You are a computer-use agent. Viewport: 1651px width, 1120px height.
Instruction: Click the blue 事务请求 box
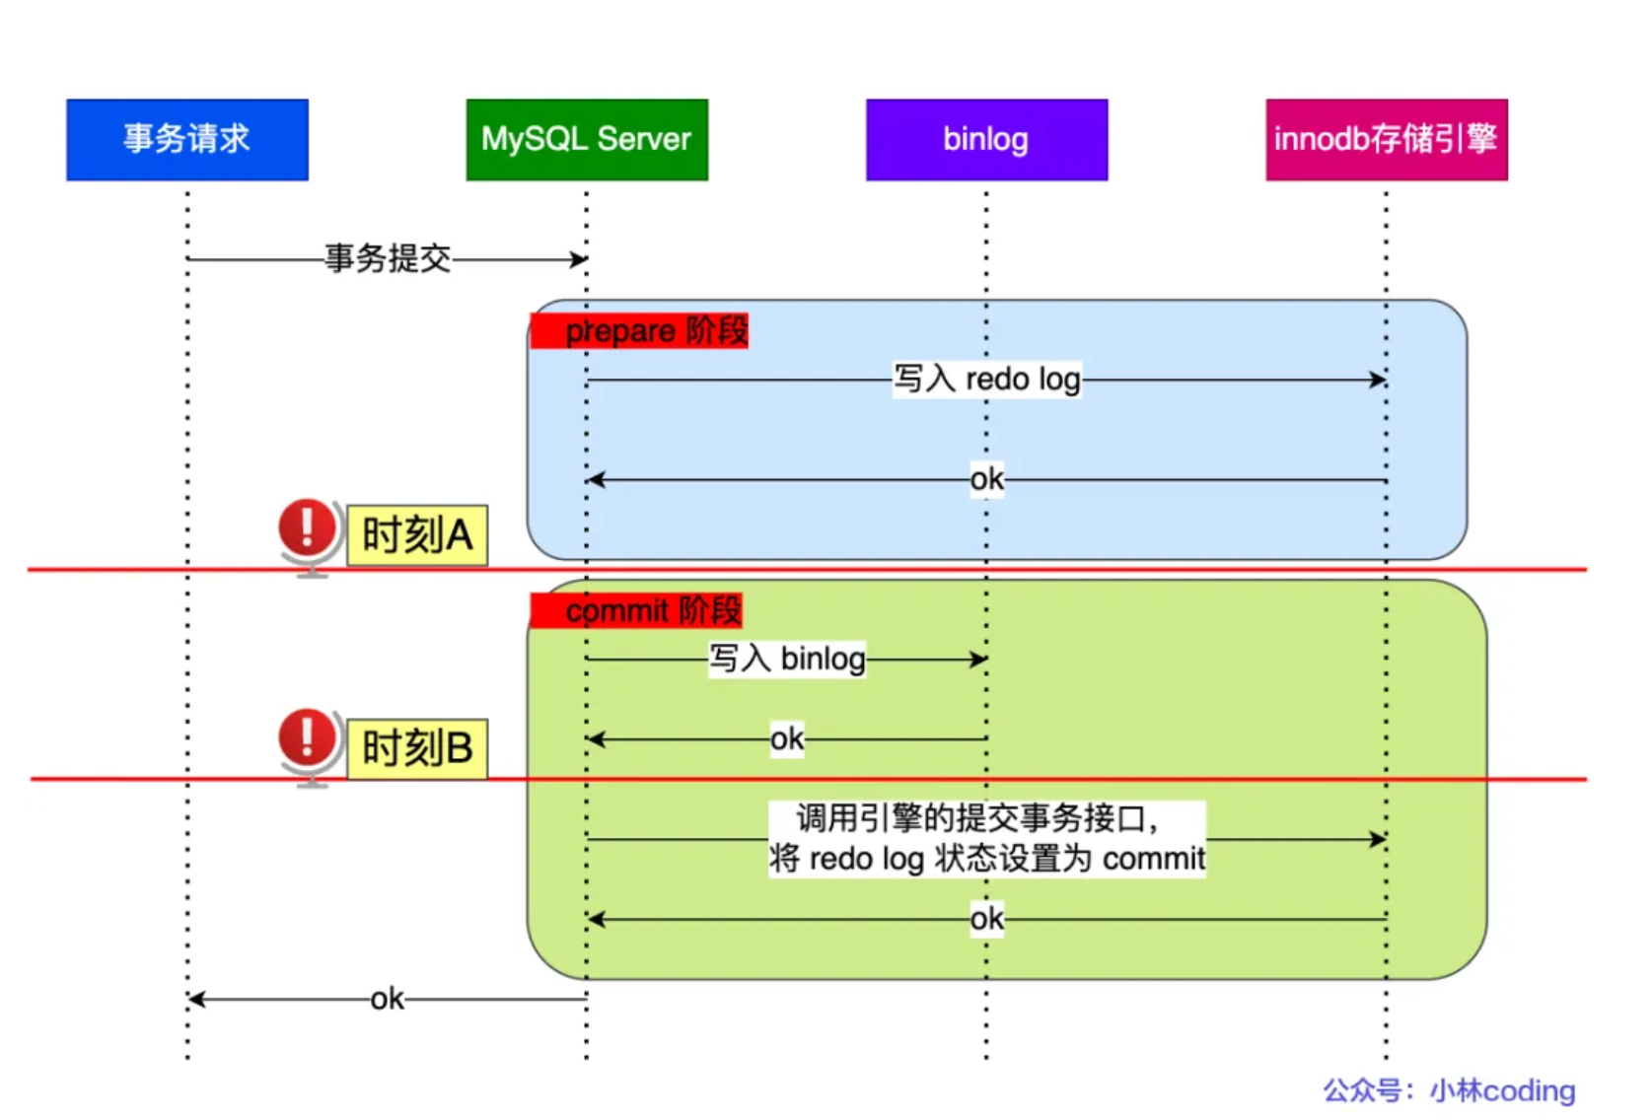[x=187, y=139]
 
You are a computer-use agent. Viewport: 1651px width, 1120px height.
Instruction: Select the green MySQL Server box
[x=587, y=139]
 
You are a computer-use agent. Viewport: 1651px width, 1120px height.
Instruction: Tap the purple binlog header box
[x=986, y=139]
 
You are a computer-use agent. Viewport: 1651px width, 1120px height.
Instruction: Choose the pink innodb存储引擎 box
[x=1386, y=139]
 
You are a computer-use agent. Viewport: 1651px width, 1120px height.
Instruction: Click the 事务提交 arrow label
[x=388, y=259]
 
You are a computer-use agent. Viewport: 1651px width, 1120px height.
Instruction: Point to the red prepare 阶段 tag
[x=639, y=331]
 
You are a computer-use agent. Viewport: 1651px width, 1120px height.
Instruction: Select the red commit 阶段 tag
[x=636, y=611]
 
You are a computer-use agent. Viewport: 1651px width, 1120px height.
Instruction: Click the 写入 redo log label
[x=986, y=380]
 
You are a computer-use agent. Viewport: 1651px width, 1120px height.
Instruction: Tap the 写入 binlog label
[x=787, y=659]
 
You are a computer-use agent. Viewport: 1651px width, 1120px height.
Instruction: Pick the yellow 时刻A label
[x=417, y=535]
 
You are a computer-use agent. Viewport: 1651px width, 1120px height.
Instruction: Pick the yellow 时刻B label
[x=417, y=748]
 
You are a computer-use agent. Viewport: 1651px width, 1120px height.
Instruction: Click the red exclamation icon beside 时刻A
[x=308, y=527]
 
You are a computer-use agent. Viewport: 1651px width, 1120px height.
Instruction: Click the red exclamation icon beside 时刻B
[x=308, y=737]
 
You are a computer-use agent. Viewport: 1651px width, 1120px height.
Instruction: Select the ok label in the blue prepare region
[x=986, y=480]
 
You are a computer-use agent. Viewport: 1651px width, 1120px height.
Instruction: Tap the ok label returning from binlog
[x=787, y=738]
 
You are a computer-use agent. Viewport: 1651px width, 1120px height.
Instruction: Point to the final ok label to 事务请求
[x=388, y=1000]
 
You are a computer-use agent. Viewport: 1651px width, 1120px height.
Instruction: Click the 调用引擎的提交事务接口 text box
[x=986, y=839]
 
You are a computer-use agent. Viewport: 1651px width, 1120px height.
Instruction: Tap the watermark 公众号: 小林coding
[x=1449, y=1090]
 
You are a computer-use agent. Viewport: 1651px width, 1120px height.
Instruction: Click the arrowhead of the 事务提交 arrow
[x=580, y=260]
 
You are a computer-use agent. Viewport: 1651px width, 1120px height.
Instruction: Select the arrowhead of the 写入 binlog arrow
[x=978, y=659]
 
